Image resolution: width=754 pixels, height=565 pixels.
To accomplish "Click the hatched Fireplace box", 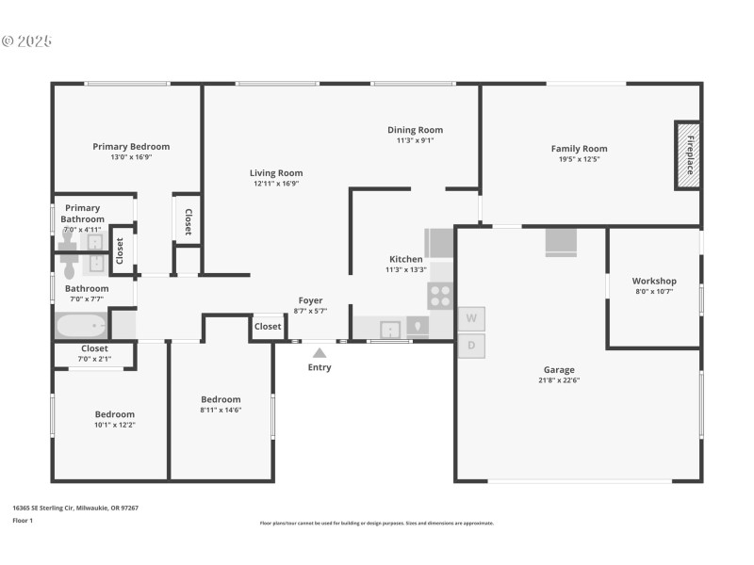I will point(687,154).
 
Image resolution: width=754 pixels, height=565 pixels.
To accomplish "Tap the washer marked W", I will point(471,319).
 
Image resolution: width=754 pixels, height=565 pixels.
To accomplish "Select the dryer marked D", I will point(471,345).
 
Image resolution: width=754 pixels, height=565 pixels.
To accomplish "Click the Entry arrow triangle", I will point(320,352).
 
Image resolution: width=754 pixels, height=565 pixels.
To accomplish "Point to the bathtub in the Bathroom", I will point(82,326).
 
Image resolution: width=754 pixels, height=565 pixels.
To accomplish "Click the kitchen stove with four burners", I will point(440,296).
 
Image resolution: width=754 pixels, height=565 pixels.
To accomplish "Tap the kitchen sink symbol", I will point(389,329).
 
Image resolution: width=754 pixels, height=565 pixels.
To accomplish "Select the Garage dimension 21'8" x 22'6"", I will point(559,380).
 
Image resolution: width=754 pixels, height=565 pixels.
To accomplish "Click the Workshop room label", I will point(654,281).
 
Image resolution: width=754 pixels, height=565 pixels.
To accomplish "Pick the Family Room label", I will point(579,148).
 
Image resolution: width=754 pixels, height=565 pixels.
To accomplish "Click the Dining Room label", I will point(415,130).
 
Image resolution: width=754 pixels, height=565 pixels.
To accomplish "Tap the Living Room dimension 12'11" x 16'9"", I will point(276,184).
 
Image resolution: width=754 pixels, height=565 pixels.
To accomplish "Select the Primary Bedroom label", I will point(131,146).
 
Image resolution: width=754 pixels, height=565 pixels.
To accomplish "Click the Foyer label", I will point(311,300).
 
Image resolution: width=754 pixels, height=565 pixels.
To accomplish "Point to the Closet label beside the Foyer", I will point(268,327).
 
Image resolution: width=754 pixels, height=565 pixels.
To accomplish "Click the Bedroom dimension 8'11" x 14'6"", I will point(221,410).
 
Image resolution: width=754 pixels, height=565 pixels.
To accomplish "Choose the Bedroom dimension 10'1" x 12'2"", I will point(114,425).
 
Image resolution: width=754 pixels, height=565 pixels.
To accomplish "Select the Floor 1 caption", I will point(23,520).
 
